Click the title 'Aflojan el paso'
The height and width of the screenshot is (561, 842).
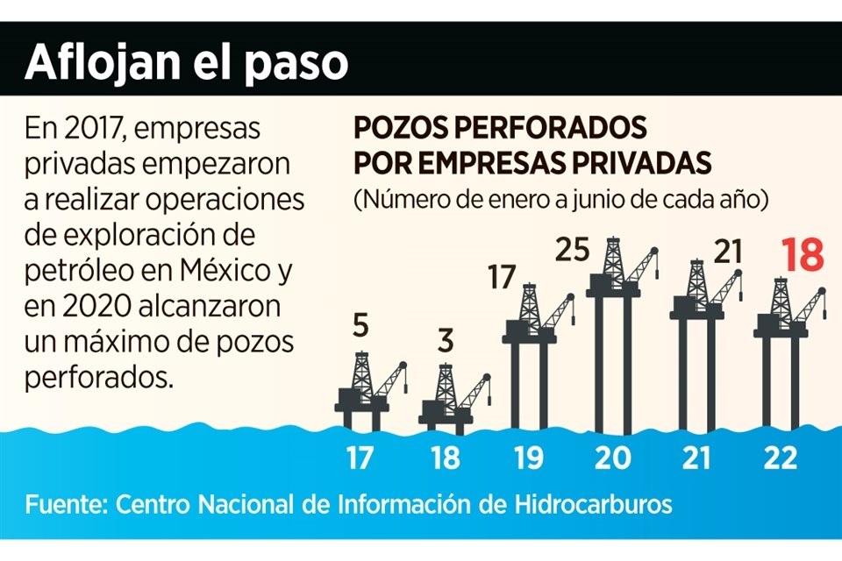(x=186, y=62)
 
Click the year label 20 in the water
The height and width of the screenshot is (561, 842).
(x=612, y=458)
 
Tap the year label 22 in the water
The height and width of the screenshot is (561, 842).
(x=781, y=458)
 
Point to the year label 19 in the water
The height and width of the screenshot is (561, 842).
(x=528, y=458)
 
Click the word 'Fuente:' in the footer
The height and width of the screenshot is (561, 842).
(x=67, y=506)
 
